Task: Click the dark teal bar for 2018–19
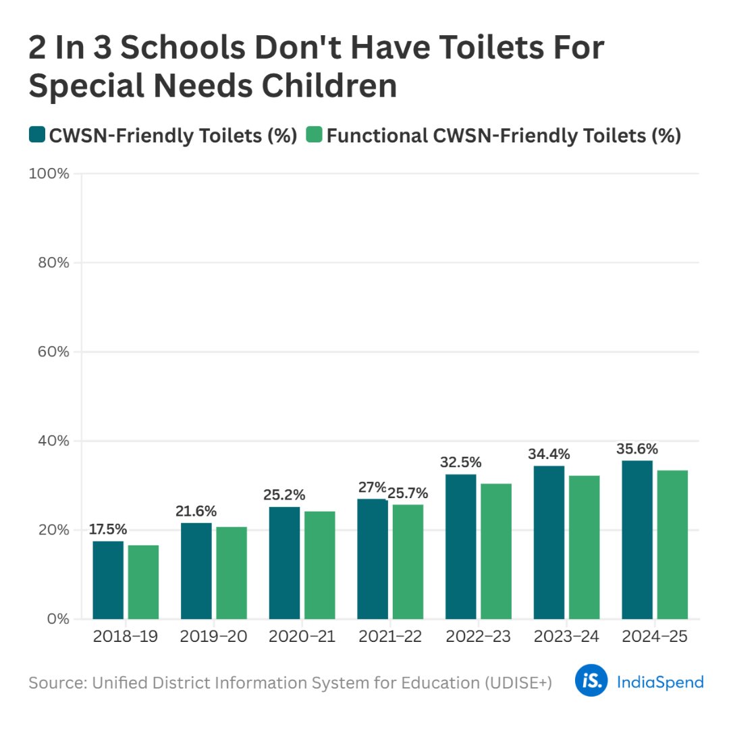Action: tap(108, 580)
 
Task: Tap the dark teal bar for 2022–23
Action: tap(460, 546)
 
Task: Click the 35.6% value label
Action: tap(637, 449)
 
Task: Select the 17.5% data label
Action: tap(108, 529)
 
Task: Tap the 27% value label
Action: tap(371, 487)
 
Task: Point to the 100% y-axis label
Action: tap(49, 173)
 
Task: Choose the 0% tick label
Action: tap(57, 619)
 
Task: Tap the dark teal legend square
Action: tap(36, 135)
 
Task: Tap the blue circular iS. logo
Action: tap(591, 681)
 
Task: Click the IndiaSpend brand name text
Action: tap(659, 682)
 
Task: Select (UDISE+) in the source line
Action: tap(518, 682)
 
